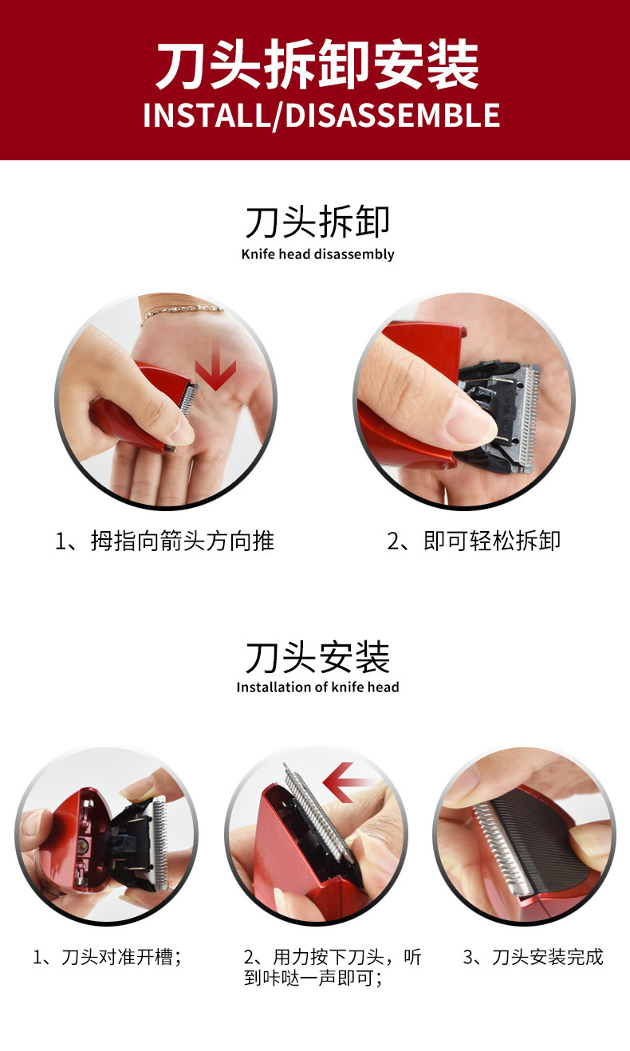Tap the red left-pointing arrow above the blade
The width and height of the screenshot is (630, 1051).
(x=349, y=782)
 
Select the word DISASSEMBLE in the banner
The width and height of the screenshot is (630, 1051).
(x=392, y=116)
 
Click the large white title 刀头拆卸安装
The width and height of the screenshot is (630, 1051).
(x=317, y=65)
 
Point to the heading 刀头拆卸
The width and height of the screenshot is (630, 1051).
(x=317, y=222)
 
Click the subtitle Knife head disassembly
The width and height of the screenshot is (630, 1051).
(x=317, y=254)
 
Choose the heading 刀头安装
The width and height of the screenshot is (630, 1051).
(x=317, y=657)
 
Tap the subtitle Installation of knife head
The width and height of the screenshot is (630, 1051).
(x=317, y=687)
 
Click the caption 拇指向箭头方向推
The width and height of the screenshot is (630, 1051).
(x=182, y=541)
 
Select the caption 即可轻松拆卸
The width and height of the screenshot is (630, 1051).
(x=491, y=541)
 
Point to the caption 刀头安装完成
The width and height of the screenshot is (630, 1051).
(x=547, y=957)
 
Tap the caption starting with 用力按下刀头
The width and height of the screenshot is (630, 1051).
(x=333, y=967)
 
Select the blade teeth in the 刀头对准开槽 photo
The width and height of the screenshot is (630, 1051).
(x=161, y=844)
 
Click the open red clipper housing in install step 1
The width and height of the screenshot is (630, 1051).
(x=81, y=840)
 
